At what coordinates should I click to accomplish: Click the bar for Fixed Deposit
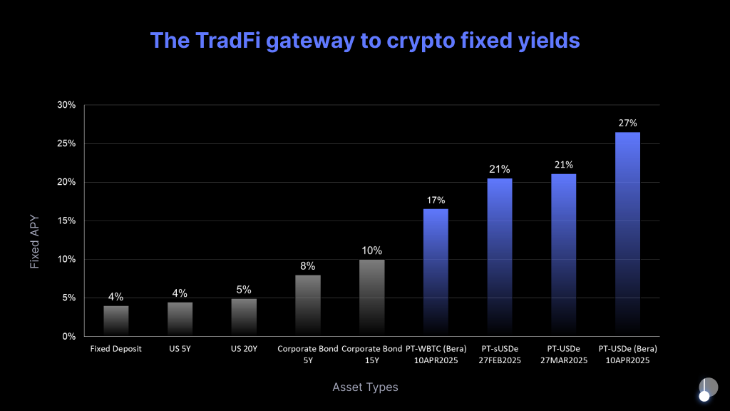116,320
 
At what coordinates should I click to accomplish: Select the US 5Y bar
180,319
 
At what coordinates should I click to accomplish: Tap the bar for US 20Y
244,317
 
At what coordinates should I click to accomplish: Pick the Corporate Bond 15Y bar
371,298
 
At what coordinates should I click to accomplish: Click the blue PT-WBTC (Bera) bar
436,272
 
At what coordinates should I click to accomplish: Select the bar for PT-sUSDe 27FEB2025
500,257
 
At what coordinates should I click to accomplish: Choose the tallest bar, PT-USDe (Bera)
627,234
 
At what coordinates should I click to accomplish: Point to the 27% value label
627,123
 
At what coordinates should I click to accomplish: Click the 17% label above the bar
436,200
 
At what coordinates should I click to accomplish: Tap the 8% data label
308,266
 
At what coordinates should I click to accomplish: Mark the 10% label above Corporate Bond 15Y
371,250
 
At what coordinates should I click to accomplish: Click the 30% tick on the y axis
66,105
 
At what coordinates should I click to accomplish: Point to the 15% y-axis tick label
66,220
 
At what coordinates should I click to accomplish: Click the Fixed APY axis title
34,243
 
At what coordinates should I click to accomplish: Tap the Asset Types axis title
365,387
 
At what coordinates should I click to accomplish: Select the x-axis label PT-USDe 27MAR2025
563,355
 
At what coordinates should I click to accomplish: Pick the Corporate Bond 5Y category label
308,355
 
